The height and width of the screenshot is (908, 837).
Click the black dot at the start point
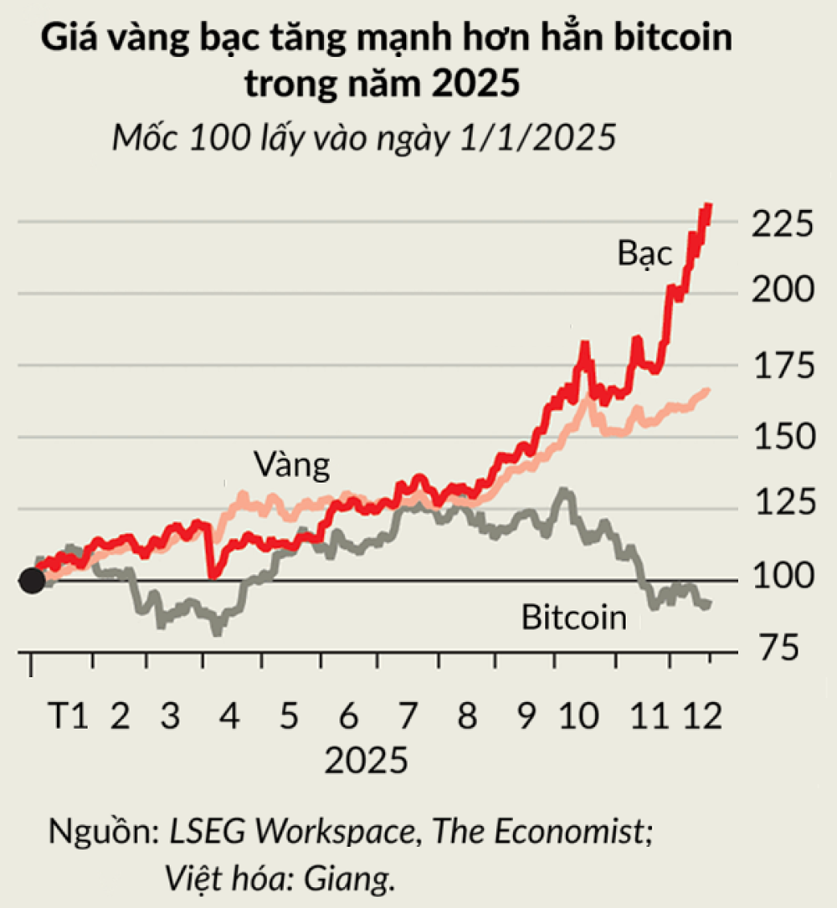[31, 579]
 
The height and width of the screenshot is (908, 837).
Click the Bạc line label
[645, 253]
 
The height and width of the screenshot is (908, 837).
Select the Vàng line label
[291, 465]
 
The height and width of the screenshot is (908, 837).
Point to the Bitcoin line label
[574, 618]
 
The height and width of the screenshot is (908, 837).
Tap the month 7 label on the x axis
[408, 717]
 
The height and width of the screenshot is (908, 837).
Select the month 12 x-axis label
[701, 717]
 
